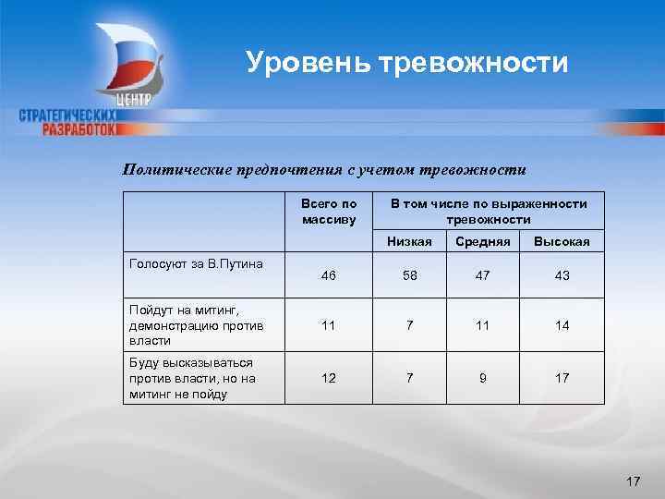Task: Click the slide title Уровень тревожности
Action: click(x=406, y=63)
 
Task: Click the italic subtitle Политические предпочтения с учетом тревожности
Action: click(x=325, y=169)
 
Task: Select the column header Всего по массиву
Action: click(x=328, y=212)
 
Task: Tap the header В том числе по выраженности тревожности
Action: click(x=488, y=212)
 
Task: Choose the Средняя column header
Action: click(x=478, y=242)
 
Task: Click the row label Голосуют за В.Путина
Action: click(x=183, y=264)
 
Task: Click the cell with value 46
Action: click(x=327, y=276)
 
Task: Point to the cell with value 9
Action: click(x=478, y=378)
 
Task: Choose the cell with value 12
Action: click(x=327, y=378)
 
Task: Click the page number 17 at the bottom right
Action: click(x=633, y=481)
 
